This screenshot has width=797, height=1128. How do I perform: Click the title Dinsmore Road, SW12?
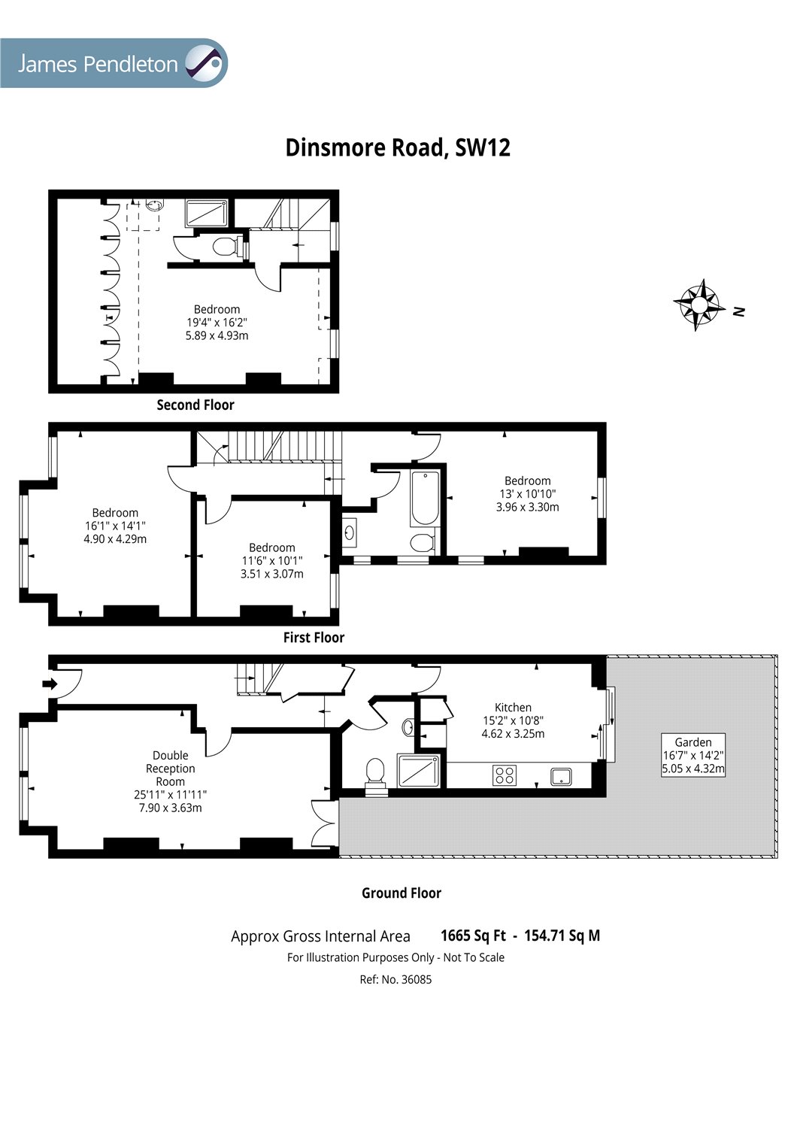click(x=398, y=147)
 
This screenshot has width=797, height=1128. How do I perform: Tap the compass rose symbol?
click(x=699, y=304)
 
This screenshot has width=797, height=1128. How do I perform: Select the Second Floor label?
click(x=195, y=405)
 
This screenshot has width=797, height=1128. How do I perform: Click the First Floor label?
click(x=314, y=637)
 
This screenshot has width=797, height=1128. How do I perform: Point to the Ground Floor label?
click(x=402, y=893)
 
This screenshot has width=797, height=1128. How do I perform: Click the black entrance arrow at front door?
click(x=50, y=684)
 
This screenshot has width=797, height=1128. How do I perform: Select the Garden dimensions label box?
click(x=692, y=755)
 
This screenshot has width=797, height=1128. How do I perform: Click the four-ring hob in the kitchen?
click(x=505, y=775)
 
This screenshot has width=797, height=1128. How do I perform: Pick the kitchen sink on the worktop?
click(x=562, y=775)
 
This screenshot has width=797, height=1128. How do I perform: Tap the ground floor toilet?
click(x=374, y=772)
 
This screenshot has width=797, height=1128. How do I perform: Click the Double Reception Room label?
click(x=171, y=781)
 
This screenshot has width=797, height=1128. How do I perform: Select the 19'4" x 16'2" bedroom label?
click(x=217, y=322)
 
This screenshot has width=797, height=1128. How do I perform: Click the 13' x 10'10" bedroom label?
click(x=527, y=493)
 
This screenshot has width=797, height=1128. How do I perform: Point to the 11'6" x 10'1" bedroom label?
click(x=271, y=560)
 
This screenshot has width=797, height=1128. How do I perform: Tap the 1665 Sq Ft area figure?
click(x=473, y=935)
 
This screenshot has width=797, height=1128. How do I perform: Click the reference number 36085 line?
click(x=395, y=979)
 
